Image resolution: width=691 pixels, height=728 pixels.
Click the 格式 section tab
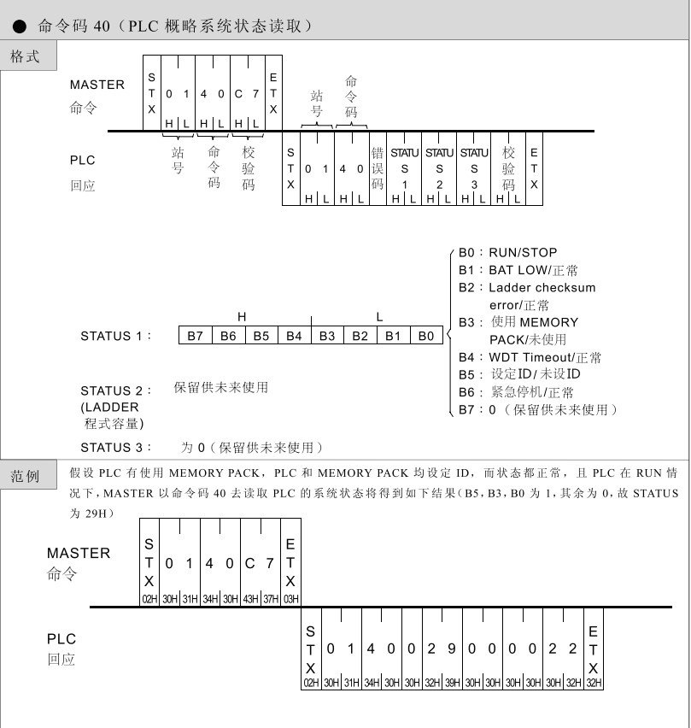(x=26, y=56)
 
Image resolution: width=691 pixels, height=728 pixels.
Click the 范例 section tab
(x=26, y=476)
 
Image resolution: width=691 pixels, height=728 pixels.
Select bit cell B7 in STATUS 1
(x=196, y=336)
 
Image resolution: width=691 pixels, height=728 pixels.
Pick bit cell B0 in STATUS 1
(x=426, y=336)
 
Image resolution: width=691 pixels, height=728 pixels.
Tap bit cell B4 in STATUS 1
(x=295, y=336)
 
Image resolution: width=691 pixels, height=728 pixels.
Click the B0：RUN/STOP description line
(x=507, y=253)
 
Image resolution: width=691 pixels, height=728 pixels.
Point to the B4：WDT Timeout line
(x=530, y=357)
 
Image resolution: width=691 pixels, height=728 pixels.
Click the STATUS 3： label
(x=116, y=448)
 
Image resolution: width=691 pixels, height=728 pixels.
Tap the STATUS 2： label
(x=116, y=391)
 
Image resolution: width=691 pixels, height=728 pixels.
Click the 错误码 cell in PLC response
(x=378, y=169)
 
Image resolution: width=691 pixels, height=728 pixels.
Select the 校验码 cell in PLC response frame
(x=509, y=168)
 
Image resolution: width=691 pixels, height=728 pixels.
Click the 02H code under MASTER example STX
(x=149, y=599)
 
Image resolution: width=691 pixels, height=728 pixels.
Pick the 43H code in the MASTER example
(x=250, y=599)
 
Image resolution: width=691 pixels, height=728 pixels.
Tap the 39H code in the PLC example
(x=452, y=683)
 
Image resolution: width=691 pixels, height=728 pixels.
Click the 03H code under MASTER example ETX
(x=291, y=599)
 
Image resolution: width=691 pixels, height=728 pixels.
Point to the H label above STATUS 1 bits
(x=242, y=317)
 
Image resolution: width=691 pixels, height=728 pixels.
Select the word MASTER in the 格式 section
(x=97, y=85)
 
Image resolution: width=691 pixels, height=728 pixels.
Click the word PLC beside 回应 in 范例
(x=61, y=638)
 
